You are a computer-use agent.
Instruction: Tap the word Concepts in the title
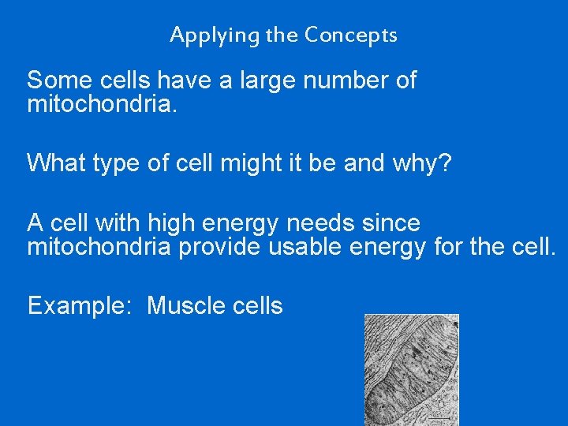[351, 35]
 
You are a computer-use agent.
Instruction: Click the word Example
[76, 306]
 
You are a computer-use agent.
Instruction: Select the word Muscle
[184, 306]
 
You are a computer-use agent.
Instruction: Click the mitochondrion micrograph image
[411, 369]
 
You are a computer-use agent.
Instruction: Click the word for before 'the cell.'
[452, 248]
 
